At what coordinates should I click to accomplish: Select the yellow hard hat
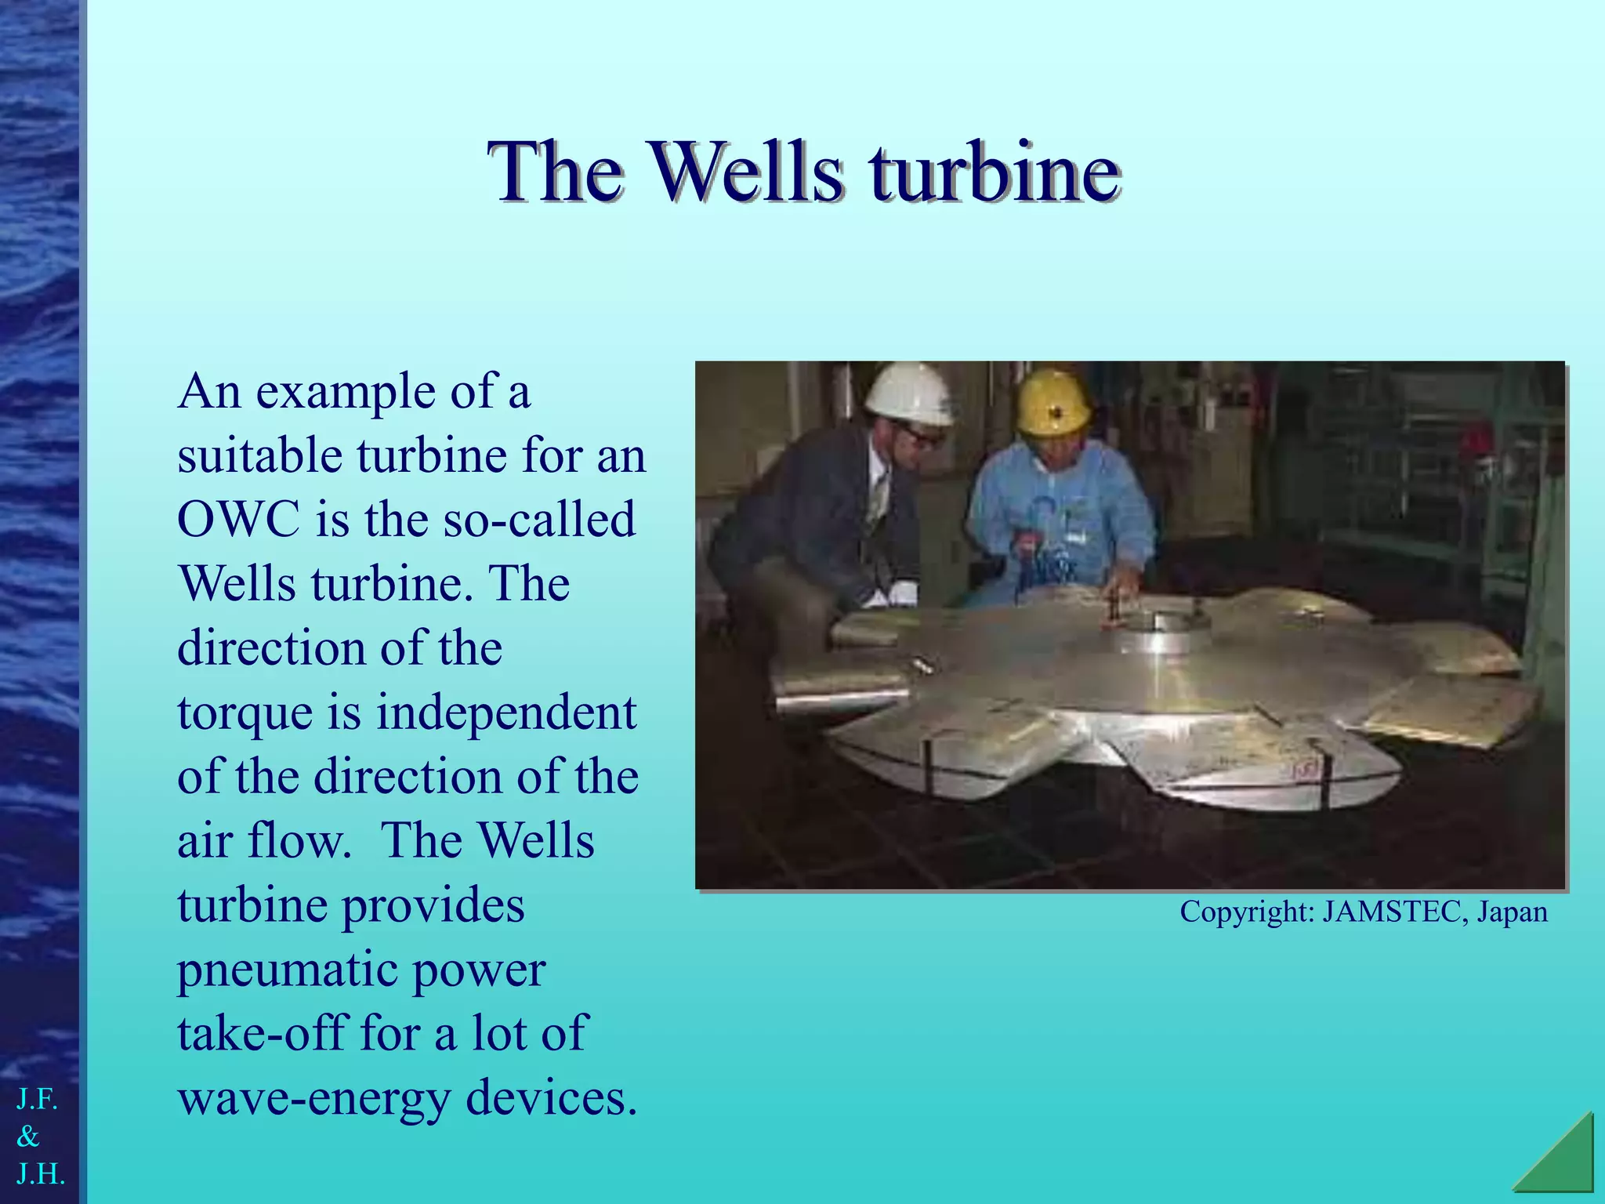[x=1052, y=401]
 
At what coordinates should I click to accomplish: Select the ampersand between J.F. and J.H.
[x=28, y=1136]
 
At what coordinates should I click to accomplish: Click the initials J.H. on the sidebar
[x=39, y=1173]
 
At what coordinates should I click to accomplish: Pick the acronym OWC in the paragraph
[x=238, y=519]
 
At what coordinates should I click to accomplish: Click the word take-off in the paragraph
[x=260, y=1033]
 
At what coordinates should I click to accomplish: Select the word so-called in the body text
[x=538, y=519]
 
